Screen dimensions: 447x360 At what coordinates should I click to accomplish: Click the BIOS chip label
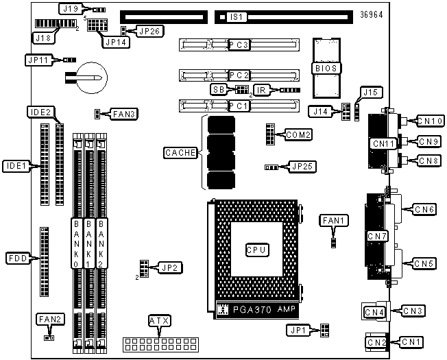coord(326,69)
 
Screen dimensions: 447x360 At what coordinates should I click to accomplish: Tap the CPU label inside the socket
coord(257,250)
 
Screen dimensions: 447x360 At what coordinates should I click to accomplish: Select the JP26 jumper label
coord(150,31)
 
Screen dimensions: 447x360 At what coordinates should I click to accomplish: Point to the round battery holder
coord(93,77)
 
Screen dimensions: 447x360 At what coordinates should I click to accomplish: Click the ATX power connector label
coord(159,321)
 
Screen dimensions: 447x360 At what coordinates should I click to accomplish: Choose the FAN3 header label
coord(123,115)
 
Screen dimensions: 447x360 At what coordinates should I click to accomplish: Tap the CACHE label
coord(181,153)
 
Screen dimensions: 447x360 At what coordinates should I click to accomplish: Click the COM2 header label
coord(298,134)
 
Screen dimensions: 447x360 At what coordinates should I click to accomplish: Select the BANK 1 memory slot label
coord(88,243)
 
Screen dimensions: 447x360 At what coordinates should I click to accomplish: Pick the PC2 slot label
coord(239,75)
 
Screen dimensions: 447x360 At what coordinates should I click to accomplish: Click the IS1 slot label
coord(237,17)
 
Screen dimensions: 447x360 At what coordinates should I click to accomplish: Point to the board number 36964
coord(371,15)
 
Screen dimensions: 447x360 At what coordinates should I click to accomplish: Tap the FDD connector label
coord(18,259)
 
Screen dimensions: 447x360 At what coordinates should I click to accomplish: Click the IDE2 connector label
coord(40,112)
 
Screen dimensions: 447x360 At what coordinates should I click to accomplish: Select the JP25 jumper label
coord(302,167)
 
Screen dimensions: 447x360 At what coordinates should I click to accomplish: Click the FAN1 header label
coord(334,221)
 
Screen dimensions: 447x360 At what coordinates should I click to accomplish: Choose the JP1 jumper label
coord(298,331)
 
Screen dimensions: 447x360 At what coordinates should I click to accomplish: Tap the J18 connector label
coord(43,38)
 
